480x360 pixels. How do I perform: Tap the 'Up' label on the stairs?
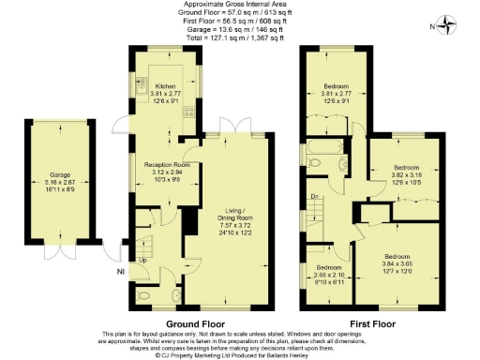[143, 260]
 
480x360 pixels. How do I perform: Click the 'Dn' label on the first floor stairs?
[316, 196]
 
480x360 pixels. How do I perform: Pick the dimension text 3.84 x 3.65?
[397, 262]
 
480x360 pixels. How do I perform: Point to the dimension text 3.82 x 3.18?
[404, 175]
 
